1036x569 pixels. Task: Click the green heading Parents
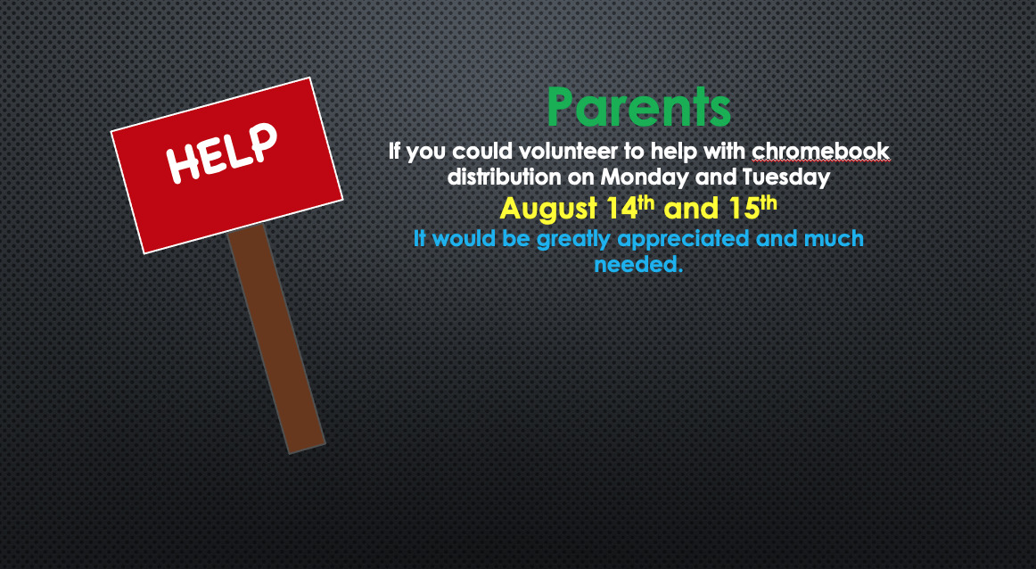point(639,107)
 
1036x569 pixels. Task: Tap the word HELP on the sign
point(222,153)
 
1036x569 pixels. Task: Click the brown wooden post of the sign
point(276,338)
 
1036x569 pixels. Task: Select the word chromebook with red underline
point(820,151)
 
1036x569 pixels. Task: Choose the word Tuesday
point(786,177)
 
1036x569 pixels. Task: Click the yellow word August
point(548,209)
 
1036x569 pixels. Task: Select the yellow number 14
point(621,209)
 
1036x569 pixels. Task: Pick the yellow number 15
point(744,209)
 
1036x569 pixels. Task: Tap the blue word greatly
point(573,239)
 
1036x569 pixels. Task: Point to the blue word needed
point(638,264)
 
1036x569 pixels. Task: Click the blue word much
point(834,238)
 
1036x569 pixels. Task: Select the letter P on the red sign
point(263,141)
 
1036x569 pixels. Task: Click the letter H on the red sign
point(184,164)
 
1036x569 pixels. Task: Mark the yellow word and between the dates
point(691,209)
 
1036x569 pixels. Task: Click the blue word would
point(465,238)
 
